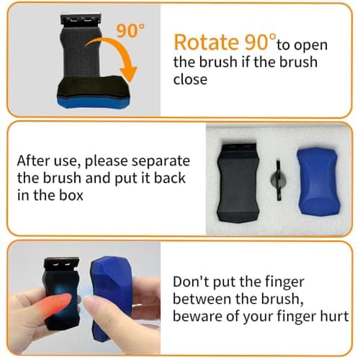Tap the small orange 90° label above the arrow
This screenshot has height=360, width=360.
(130, 30)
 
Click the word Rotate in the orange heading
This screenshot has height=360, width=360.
(206, 42)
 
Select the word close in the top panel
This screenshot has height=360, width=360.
(190, 79)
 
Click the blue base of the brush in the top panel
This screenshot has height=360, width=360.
(94, 102)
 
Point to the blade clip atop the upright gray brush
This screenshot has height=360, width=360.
(81, 19)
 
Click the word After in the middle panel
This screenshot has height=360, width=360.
(33, 161)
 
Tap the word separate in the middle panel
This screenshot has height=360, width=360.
(161, 161)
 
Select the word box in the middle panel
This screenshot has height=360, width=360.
(71, 195)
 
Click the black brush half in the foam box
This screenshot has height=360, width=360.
(238, 183)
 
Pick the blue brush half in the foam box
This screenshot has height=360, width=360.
(318, 181)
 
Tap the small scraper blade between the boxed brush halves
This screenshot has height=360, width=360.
(279, 180)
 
